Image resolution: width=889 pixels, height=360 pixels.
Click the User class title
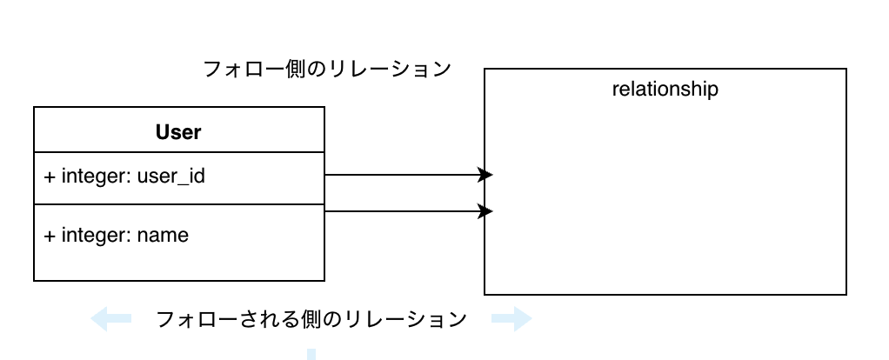pos(178,132)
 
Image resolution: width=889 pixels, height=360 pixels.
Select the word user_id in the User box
pos(171,177)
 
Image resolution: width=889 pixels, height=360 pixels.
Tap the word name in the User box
pos(163,235)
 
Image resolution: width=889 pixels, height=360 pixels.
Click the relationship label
pos(665,89)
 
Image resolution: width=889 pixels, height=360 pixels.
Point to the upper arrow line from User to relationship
pos(400,175)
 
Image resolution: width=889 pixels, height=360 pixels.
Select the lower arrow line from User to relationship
pos(400,211)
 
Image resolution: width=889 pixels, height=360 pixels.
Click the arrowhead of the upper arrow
pos(485,175)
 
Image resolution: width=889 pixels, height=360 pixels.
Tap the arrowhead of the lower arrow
pos(485,211)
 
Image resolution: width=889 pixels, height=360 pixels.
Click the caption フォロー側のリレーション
pos(327,69)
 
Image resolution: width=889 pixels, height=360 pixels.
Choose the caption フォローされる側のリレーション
pos(311,319)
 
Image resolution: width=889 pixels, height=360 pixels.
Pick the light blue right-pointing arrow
pos(511,319)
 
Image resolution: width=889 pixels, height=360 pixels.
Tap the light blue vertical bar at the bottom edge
pos(311,354)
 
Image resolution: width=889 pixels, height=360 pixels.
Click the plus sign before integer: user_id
pos(50,177)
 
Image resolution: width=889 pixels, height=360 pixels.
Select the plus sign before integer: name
pos(50,235)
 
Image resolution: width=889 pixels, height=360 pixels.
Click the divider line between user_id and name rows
pos(178,204)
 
